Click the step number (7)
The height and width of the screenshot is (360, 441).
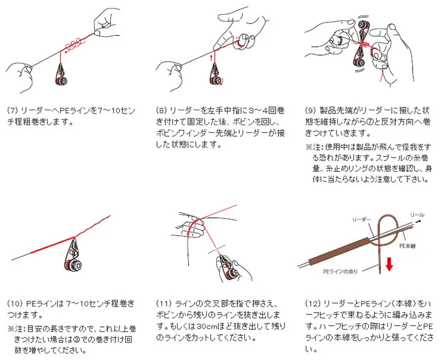click(x=12, y=110)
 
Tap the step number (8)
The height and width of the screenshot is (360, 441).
click(x=162, y=110)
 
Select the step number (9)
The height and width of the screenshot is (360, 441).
click(x=311, y=110)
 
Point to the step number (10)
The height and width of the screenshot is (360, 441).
click(x=15, y=304)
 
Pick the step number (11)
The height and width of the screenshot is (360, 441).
click(x=163, y=304)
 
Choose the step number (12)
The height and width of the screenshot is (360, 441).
click(x=313, y=304)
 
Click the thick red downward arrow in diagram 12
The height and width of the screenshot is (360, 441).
click(x=389, y=265)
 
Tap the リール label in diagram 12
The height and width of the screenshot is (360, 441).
click(x=417, y=215)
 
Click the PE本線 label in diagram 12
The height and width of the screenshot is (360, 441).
click(x=407, y=246)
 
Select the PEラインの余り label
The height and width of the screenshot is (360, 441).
click(x=340, y=271)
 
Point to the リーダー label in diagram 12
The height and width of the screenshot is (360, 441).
click(x=362, y=219)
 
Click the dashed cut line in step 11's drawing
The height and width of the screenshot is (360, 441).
click(x=217, y=249)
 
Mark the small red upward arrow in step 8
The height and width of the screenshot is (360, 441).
click(x=211, y=58)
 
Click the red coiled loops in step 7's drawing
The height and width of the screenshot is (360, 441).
click(x=74, y=44)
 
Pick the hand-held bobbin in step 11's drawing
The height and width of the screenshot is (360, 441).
click(x=228, y=267)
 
